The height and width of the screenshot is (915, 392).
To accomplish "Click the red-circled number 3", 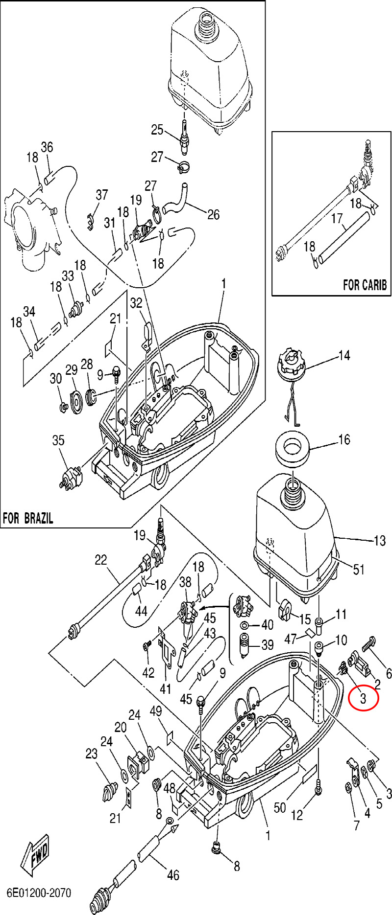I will click(363, 698).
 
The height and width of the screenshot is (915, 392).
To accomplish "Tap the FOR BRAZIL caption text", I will click(28, 518).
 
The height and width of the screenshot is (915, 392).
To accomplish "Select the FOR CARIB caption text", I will click(365, 285).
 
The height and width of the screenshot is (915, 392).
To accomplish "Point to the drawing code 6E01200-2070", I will click(39, 892).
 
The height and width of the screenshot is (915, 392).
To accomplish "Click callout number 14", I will click(344, 355).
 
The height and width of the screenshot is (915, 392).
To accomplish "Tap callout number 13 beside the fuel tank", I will click(380, 541).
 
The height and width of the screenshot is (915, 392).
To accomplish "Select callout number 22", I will click(100, 560).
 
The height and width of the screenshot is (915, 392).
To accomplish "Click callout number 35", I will click(58, 440).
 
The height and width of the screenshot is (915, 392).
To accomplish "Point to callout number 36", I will click(47, 147).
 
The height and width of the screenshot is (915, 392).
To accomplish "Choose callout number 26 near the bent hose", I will click(214, 214).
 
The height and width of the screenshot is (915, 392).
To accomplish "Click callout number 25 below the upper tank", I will click(157, 130).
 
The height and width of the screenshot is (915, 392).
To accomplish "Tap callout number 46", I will click(173, 875).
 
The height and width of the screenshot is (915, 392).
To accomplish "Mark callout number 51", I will click(359, 570).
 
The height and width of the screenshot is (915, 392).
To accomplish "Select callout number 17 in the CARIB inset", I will click(336, 218).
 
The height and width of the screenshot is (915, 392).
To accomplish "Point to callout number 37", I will click(101, 195).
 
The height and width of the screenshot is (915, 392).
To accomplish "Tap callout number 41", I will click(166, 689).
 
